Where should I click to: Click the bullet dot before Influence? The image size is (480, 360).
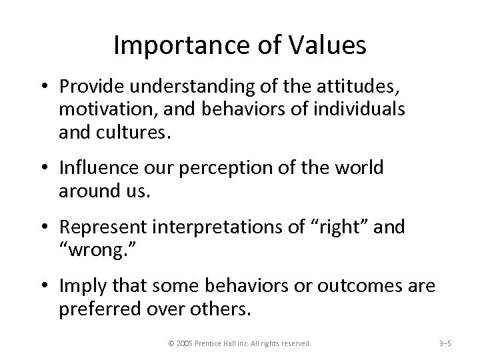pos(49,168)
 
